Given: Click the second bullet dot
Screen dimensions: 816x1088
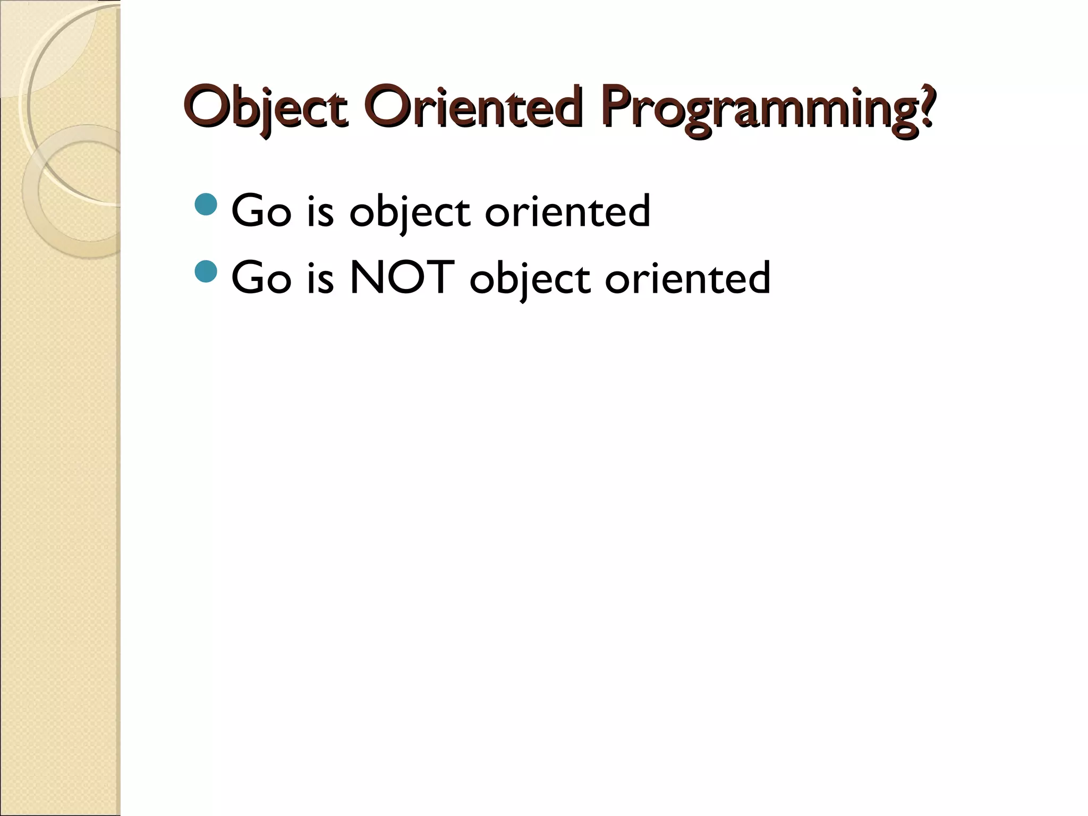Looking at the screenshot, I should [x=206, y=271].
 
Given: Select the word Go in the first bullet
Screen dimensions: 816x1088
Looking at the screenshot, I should [x=261, y=211].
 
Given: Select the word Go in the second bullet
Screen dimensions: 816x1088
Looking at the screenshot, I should [x=261, y=278].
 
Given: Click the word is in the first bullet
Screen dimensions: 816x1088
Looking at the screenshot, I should [x=320, y=211].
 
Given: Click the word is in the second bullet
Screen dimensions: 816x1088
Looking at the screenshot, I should [x=320, y=278].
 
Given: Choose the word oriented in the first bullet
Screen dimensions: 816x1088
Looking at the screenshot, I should [x=567, y=211].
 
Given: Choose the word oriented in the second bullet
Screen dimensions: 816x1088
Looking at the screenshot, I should [x=687, y=278].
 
